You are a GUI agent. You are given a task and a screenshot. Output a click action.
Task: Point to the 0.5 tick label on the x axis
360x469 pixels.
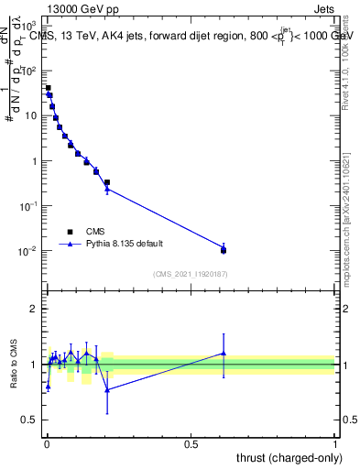coord(191,444)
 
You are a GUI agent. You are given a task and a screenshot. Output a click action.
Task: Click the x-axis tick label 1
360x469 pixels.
coord(335,444)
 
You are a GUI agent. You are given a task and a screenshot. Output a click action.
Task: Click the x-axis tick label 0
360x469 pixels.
coord(47,444)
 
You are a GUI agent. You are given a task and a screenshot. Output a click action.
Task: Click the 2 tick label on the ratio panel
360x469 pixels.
coord(34,309)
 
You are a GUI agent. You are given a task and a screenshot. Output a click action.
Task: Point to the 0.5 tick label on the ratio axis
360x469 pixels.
coord(31,420)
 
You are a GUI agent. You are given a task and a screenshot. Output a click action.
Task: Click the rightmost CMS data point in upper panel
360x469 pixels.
coord(224,250)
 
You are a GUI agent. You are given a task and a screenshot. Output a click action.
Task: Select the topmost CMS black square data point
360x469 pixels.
coord(48,89)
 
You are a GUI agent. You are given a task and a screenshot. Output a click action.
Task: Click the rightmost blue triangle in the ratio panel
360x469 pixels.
coord(224,353)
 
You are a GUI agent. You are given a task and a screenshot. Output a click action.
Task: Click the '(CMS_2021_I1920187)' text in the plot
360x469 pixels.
coord(190,274)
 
